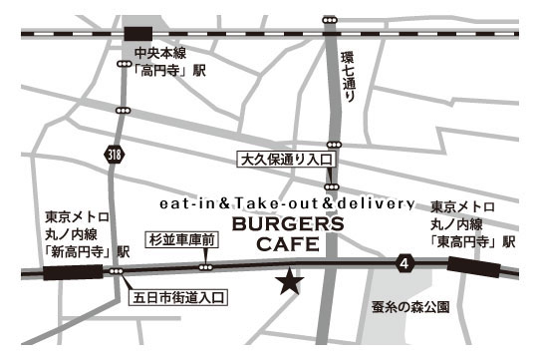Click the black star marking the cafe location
(290, 282)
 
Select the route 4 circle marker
(404, 263)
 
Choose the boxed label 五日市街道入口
(181, 296)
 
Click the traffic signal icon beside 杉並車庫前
(205, 266)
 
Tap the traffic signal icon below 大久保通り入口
(331, 186)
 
